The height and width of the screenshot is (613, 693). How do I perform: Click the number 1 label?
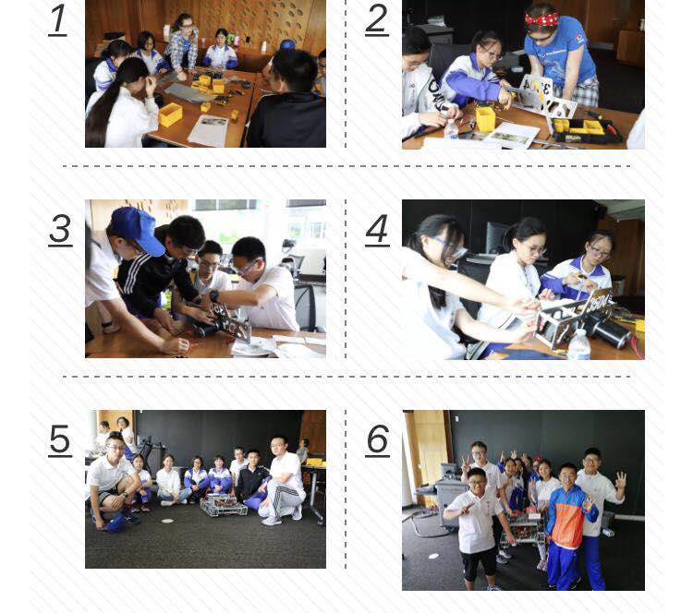pos(57,19)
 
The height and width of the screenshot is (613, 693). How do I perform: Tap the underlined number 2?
pos(376,19)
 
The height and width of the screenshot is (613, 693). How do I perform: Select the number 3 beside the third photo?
pos(60,229)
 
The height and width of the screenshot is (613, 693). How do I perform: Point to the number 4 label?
pos(377,229)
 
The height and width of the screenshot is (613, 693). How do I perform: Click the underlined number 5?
pos(60,440)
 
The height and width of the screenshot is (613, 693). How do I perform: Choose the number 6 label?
pos(377,440)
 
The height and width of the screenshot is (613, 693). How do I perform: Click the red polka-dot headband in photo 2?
pos(542,18)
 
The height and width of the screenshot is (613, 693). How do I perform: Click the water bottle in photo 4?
pos(578,344)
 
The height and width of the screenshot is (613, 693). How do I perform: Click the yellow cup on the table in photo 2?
pos(485,119)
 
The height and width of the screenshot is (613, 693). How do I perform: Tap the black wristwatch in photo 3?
pos(214,296)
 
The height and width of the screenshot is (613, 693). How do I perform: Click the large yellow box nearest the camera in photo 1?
pos(170,114)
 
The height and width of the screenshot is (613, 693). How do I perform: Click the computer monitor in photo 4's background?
pos(499,236)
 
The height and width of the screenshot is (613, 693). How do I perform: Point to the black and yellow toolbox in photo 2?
pos(588,131)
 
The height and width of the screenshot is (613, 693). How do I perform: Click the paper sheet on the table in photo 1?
pos(210,129)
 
